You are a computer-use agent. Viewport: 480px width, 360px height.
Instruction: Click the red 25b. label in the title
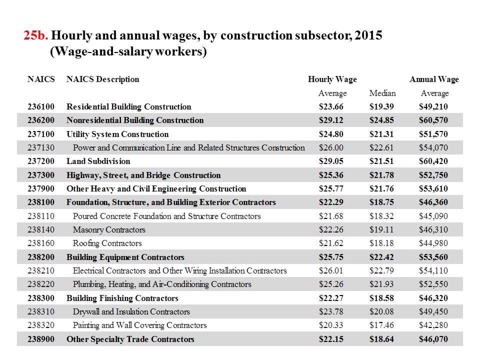point(36,35)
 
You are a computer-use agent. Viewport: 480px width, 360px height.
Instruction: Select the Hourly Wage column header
point(332,79)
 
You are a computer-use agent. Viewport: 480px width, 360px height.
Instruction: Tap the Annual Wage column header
point(434,79)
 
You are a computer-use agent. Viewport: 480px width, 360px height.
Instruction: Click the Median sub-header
point(382,93)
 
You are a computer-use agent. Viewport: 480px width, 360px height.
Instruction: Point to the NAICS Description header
point(103,79)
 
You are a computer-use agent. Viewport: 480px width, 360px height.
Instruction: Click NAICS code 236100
point(41,106)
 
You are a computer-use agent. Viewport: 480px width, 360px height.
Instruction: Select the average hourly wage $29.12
point(331,120)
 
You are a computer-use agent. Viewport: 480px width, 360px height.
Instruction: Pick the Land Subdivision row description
point(98,161)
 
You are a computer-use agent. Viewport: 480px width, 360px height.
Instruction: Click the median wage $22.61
point(381,147)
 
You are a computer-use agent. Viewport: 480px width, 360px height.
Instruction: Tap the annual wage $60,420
point(433,161)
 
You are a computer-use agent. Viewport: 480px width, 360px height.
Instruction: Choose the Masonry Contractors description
point(109,229)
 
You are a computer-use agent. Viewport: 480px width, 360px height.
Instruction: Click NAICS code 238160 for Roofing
point(41,243)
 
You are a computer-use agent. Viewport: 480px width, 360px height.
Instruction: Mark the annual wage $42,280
point(433,325)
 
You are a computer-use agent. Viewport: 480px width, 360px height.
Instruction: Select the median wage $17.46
point(381,325)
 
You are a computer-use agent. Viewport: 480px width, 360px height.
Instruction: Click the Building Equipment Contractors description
point(125,257)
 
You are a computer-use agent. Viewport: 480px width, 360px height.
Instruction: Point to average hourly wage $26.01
point(331,270)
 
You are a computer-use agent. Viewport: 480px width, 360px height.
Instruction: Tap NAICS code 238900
point(41,339)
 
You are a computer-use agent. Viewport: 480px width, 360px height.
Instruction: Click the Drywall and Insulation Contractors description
point(131,311)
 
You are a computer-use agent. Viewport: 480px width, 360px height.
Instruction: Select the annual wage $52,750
point(433,175)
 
